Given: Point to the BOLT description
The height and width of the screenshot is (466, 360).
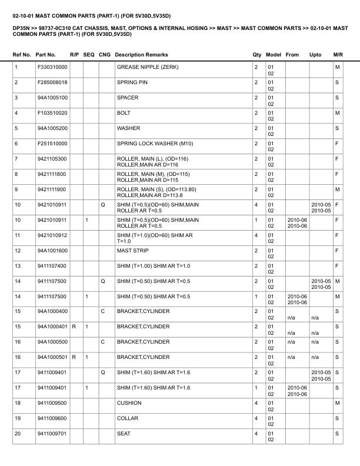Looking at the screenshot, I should click(124, 112).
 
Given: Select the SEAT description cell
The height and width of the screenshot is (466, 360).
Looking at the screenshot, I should click(124, 434).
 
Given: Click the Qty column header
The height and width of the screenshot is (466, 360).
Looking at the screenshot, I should click(256, 55).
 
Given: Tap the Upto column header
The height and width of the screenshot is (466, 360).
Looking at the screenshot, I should click(315, 55).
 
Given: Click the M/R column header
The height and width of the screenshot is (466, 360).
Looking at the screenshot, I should click(338, 55).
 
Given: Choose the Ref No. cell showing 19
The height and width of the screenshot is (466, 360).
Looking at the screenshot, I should click(18, 419).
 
